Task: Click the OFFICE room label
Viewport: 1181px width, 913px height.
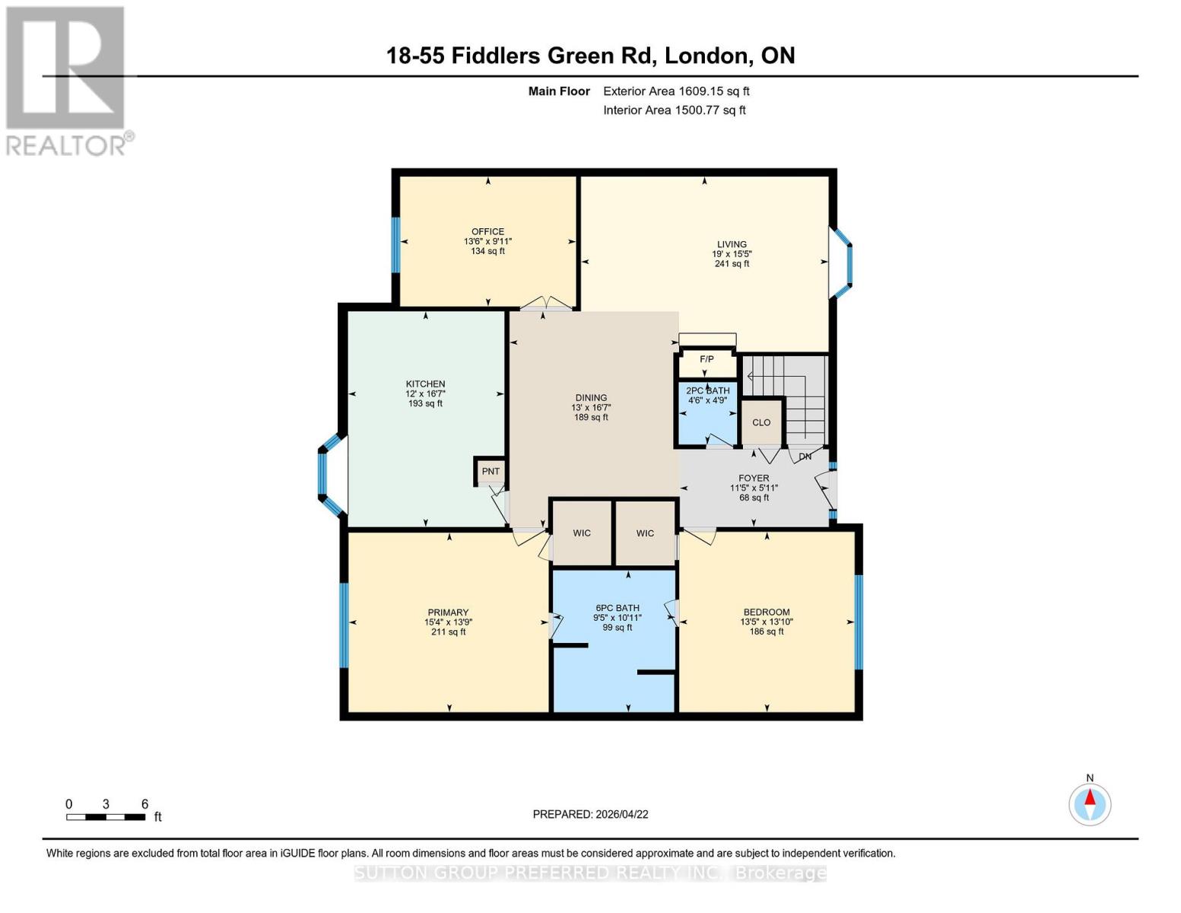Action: [487, 232]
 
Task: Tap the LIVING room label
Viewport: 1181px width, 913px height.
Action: [732, 245]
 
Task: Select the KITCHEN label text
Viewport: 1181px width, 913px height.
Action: [425, 384]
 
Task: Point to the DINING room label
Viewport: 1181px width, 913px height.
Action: [591, 398]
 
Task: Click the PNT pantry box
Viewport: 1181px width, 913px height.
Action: [490, 472]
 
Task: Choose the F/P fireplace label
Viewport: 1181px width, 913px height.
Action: [706, 359]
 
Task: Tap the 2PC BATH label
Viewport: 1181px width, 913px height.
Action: [708, 391]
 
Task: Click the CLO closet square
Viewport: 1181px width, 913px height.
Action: [761, 422]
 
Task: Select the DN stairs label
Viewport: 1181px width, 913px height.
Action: [805, 456]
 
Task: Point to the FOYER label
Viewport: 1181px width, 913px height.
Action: [754, 479]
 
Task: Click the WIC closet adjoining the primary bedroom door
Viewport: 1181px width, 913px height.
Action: [582, 533]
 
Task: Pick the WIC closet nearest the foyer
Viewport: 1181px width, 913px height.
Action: [645, 533]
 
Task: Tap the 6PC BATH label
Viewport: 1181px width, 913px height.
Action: [617, 608]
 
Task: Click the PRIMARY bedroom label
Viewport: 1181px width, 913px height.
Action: [448, 612]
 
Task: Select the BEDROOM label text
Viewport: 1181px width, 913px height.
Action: [767, 612]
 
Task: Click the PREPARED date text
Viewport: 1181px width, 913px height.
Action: [590, 814]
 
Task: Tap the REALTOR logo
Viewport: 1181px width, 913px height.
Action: [67, 80]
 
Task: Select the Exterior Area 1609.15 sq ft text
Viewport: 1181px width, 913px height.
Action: [676, 91]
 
